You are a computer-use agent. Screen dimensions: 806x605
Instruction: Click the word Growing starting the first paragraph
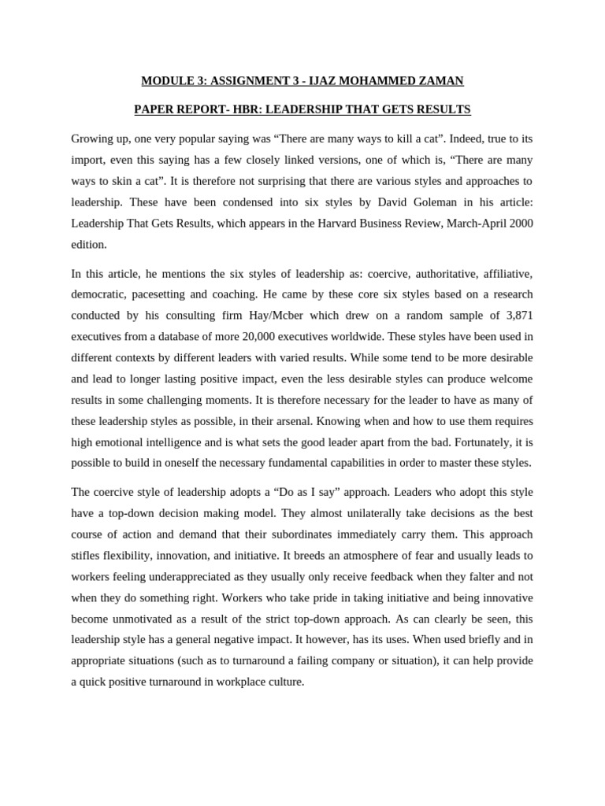[x=94, y=139]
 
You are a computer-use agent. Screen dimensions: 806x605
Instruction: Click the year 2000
[x=521, y=224]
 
